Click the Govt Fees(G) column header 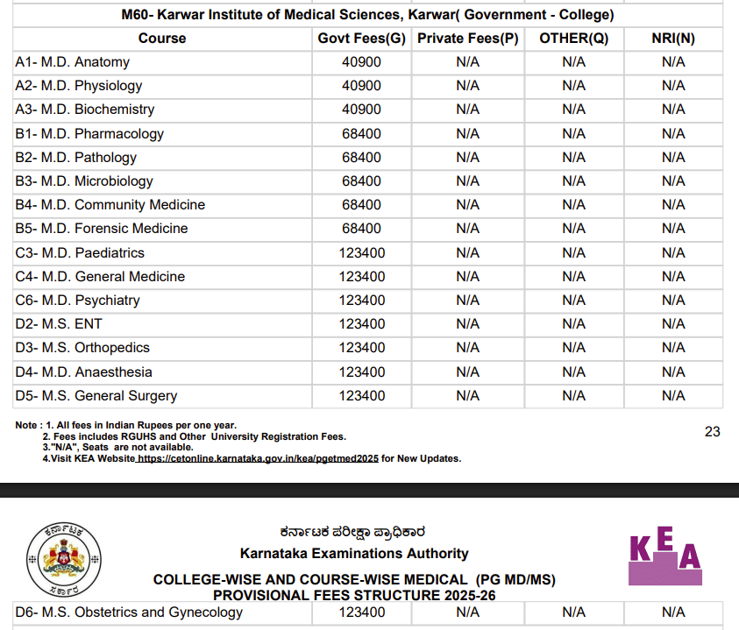point(361,39)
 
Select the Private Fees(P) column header point(467,39)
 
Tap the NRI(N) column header point(673,39)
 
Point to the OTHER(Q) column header point(573,39)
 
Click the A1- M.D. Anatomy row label point(72,62)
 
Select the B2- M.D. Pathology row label point(75,158)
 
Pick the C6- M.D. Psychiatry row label point(77,301)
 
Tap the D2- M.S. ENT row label point(59,324)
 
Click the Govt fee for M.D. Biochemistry point(361,110)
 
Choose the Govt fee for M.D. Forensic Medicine point(361,229)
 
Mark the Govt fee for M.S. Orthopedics point(361,348)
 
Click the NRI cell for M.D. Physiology point(673,86)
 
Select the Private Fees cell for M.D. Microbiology point(467,181)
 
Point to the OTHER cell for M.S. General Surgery point(573,396)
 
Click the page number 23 point(712,431)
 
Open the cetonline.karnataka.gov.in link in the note point(258,458)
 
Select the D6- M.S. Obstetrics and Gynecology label point(129,612)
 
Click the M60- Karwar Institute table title point(367,15)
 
